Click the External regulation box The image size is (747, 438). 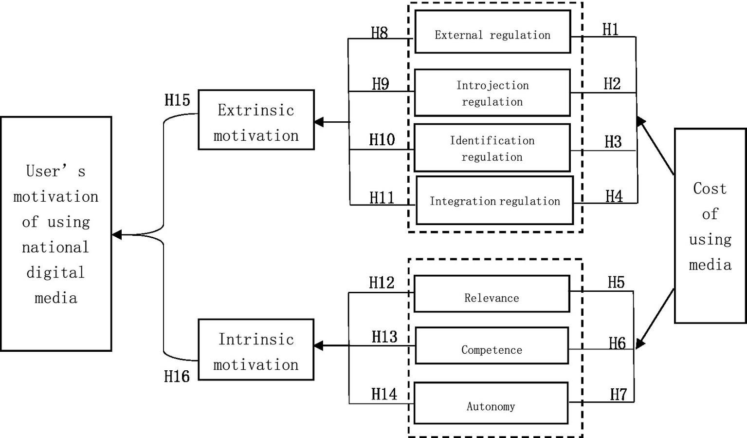(x=492, y=32)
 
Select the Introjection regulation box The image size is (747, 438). (x=492, y=93)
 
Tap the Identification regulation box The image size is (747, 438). (x=492, y=148)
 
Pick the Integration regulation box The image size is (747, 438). (x=494, y=200)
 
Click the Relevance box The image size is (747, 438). (x=492, y=294)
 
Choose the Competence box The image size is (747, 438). (x=492, y=345)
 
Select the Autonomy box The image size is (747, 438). (x=491, y=403)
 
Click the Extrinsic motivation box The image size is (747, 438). (x=256, y=120)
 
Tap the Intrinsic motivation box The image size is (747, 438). (x=256, y=349)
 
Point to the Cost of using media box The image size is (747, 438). (x=710, y=226)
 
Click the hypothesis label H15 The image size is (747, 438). (x=177, y=100)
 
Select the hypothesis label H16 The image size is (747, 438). (x=177, y=376)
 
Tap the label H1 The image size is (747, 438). (x=610, y=30)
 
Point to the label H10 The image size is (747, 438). (x=382, y=140)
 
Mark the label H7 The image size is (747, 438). (x=618, y=394)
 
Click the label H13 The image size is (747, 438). (x=384, y=337)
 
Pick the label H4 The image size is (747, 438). (x=614, y=196)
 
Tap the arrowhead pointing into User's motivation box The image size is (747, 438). (x=117, y=235)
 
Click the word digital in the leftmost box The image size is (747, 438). (x=55, y=272)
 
